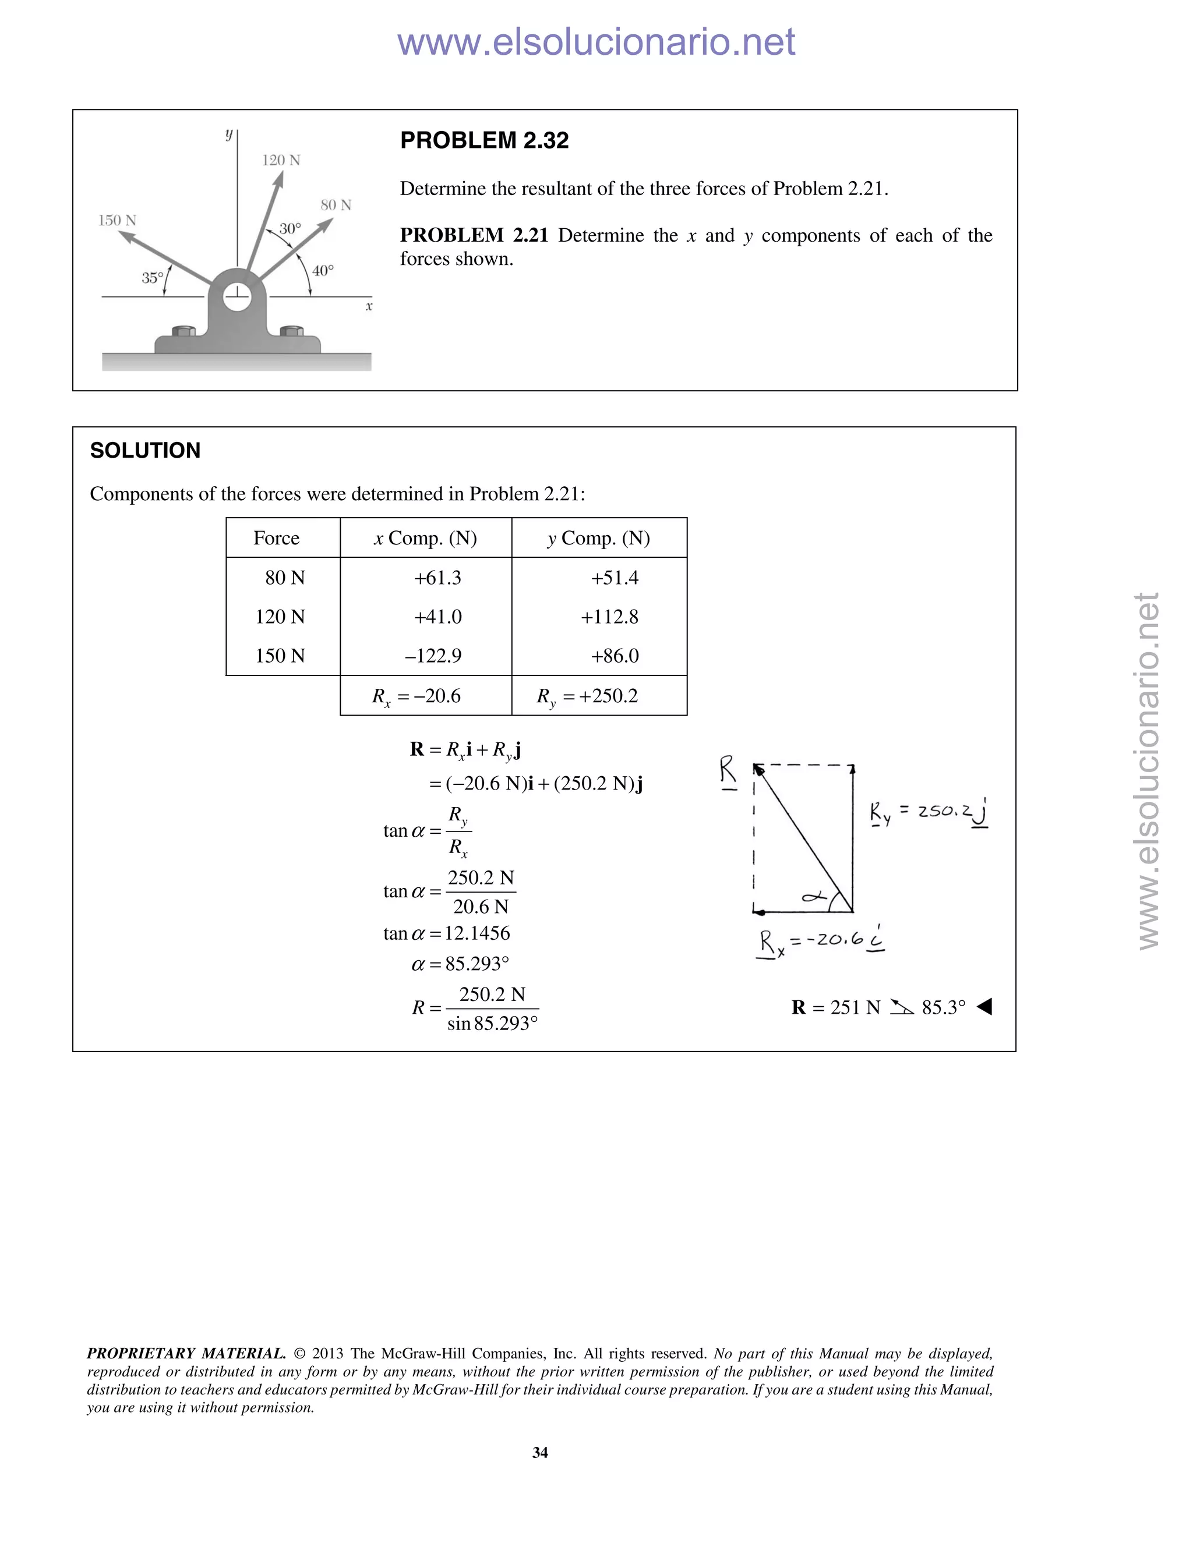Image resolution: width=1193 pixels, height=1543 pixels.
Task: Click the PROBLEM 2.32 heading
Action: pos(484,140)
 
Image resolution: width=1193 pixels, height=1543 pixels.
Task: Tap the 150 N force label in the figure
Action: pos(117,221)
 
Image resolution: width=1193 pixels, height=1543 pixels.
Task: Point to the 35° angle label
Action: pos(152,278)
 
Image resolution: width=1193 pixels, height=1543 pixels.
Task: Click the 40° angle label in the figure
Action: pos(323,271)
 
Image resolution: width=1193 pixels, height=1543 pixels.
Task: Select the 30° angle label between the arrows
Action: pos(290,229)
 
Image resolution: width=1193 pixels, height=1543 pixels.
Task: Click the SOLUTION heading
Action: pos(145,450)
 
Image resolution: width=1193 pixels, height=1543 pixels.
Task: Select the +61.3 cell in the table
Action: pos(437,578)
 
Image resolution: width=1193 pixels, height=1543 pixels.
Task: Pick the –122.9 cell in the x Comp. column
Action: pos(433,656)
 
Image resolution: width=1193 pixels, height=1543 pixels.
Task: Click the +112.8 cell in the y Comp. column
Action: pos(609,617)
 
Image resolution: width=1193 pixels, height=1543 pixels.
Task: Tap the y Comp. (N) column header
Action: pos(599,539)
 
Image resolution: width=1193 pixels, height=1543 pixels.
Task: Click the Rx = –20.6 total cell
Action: pos(417,696)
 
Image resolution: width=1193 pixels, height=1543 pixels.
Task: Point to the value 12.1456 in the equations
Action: pos(477,933)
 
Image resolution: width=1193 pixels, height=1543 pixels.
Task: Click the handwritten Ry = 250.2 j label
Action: pos(928,812)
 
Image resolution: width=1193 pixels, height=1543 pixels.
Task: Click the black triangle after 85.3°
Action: pos(984,1007)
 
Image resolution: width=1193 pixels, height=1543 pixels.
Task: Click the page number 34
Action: pos(540,1452)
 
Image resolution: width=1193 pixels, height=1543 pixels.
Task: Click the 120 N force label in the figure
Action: pos(281,160)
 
